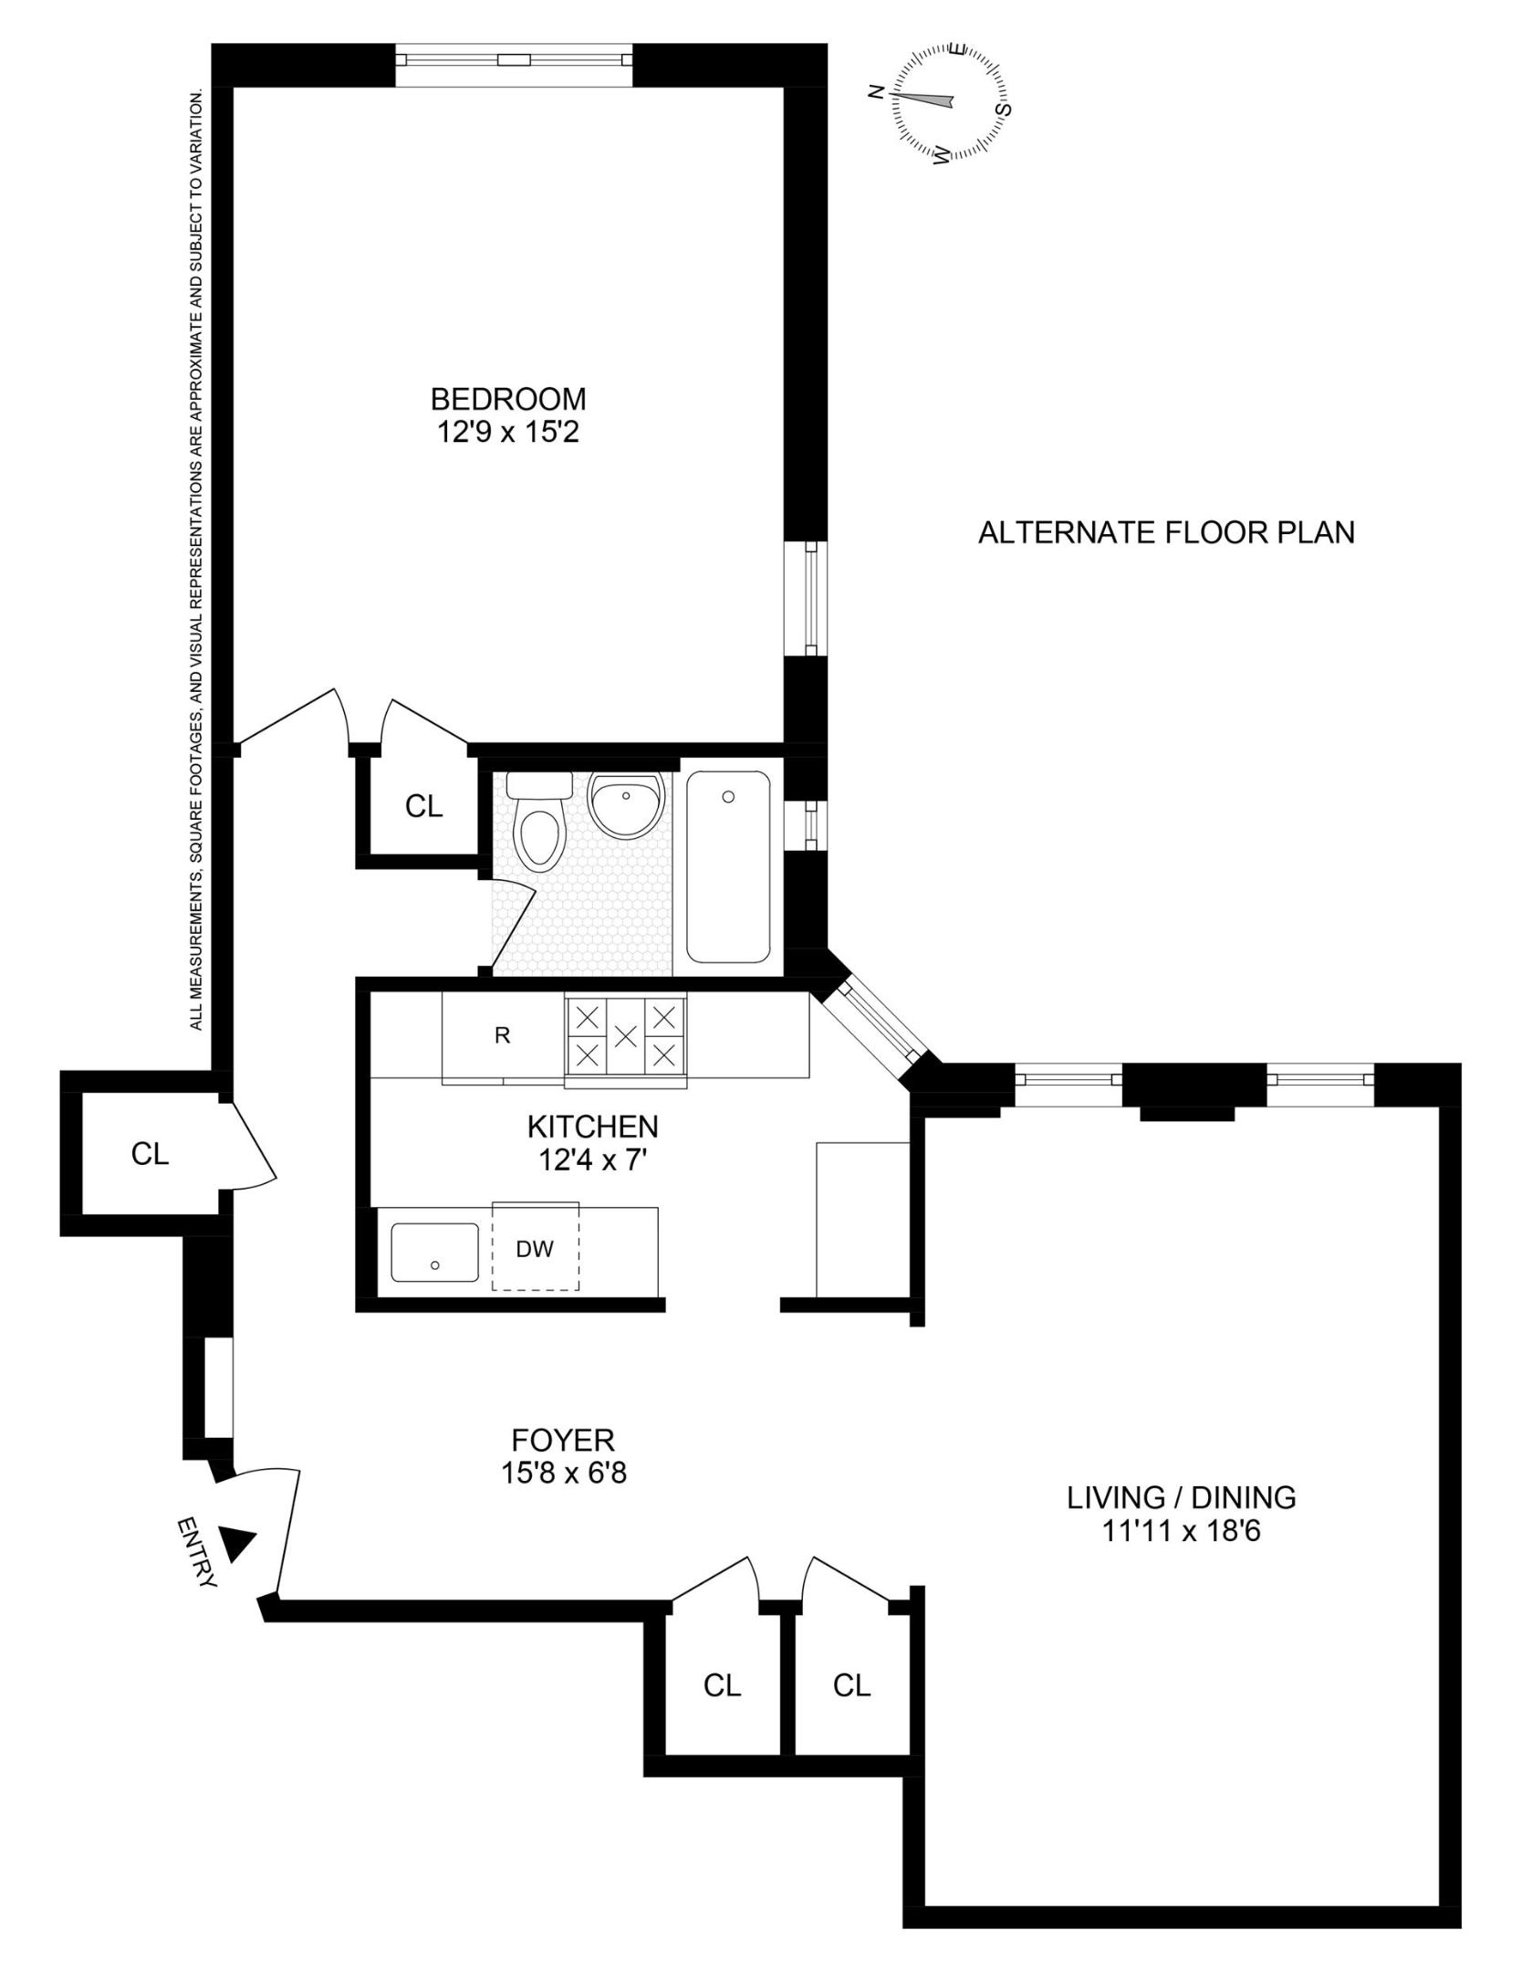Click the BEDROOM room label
pos(508,399)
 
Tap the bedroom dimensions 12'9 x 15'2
pos(508,431)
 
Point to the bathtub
pos(728,865)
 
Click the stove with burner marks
pos(626,1036)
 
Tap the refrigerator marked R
pos(502,1036)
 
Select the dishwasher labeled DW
pos(535,1249)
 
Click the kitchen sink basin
pos(434,1252)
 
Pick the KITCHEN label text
pos(592,1127)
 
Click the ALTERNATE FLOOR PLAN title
pos(1166,532)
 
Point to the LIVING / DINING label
pos(1182,1497)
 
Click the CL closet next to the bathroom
pos(423,806)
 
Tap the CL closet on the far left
pos(150,1154)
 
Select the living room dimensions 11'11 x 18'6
pos(1182,1530)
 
